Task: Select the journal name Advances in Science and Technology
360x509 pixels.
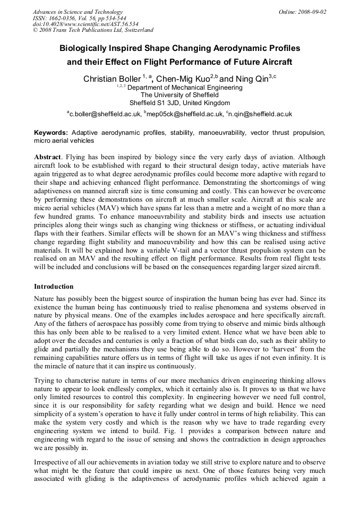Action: [x=78, y=12]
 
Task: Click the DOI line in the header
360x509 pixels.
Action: [x=78, y=24]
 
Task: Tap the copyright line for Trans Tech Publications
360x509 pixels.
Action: [x=93, y=30]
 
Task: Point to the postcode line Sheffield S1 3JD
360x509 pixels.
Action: [x=179, y=103]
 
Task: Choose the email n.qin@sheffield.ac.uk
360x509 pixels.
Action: [x=260, y=114]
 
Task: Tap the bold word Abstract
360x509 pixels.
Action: [x=48, y=158]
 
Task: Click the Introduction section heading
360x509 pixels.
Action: [x=54, y=287]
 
